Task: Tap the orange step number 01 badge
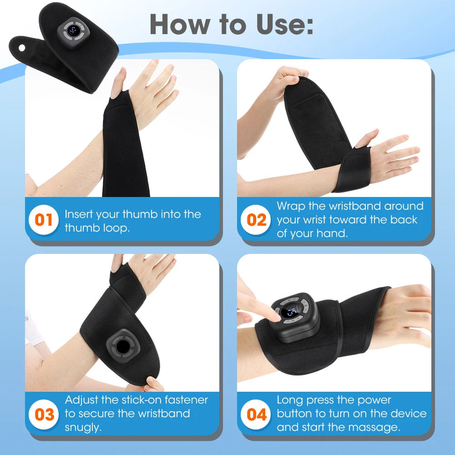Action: [44, 220]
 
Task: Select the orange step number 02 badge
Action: [257, 220]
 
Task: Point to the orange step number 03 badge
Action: [44, 415]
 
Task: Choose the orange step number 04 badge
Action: [257, 415]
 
